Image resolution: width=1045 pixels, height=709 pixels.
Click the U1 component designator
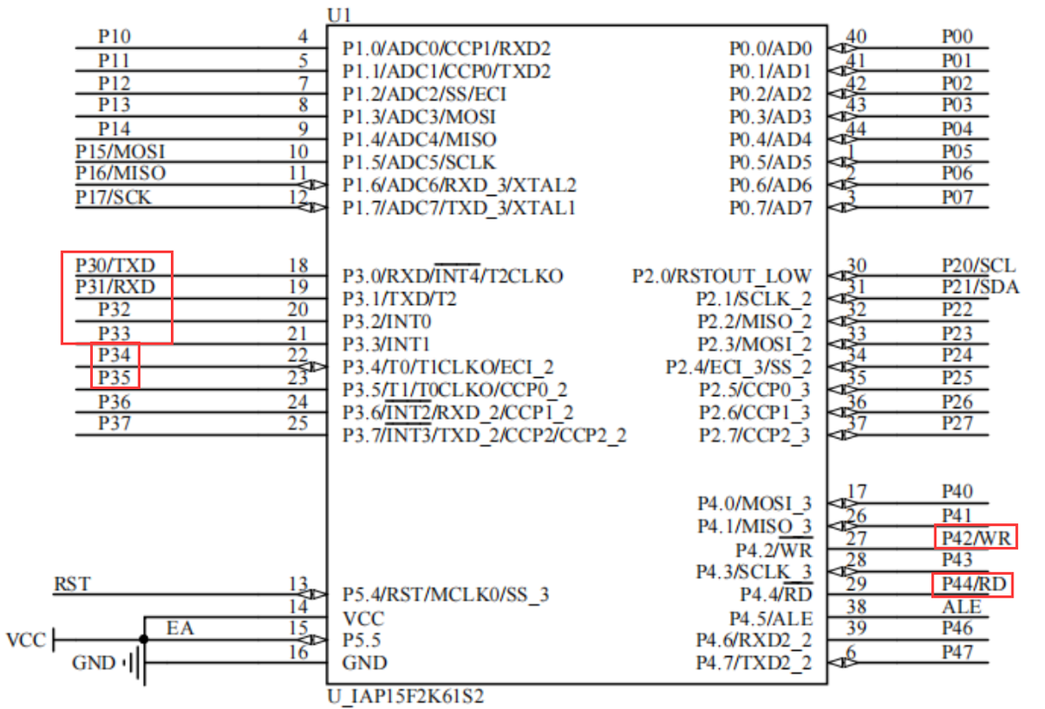(339, 15)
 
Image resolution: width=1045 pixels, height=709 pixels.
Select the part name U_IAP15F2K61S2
(405, 697)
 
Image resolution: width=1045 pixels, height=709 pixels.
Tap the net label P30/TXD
(116, 266)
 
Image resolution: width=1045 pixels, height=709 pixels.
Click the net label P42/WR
(976, 537)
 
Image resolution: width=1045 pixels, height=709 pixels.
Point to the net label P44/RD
(973, 584)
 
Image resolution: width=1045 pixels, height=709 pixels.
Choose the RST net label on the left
(72, 584)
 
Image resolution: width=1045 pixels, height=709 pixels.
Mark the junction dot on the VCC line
(144, 639)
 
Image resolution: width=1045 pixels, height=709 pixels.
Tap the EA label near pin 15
(180, 627)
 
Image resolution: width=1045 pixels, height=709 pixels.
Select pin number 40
(856, 36)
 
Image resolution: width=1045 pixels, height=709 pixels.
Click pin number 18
(298, 266)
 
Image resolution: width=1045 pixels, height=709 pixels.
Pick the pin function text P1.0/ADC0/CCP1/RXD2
(446, 49)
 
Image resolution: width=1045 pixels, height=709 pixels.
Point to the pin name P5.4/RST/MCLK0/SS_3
(446, 593)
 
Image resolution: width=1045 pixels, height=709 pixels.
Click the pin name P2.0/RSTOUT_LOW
(722, 275)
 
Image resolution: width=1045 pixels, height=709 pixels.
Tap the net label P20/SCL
(978, 266)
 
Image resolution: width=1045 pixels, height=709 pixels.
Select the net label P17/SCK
(113, 197)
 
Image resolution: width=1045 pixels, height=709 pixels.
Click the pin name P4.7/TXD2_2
(754, 663)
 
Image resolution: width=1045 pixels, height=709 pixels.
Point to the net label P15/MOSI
(120, 152)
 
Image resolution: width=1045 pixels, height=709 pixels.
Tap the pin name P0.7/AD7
(771, 208)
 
